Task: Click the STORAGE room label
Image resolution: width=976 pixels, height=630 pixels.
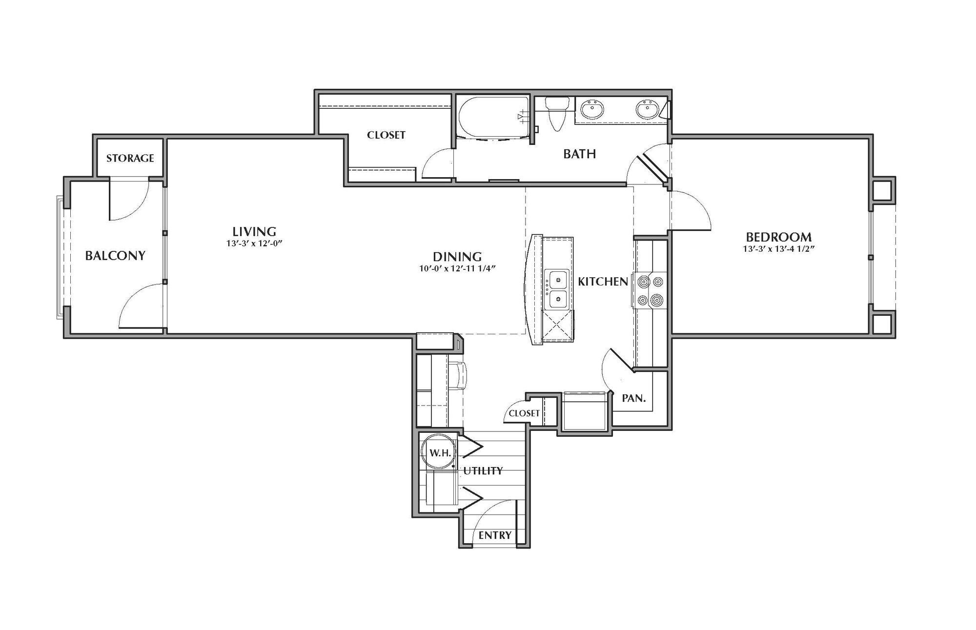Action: [x=130, y=158]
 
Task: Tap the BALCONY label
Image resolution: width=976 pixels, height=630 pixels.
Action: [x=115, y=256]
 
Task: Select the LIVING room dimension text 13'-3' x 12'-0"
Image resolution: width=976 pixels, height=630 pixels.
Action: [x=254, y=243]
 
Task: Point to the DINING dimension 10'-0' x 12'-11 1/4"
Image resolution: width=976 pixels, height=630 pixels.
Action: [x=457, y=268]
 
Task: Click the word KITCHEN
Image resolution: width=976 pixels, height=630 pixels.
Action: [x=603, y=282]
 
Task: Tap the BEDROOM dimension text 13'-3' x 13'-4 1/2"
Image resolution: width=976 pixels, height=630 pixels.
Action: [x=778, y=248]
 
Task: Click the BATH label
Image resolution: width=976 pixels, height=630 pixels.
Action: [x=579, y=154]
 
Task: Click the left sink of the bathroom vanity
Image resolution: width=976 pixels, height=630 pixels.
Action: [x=592, y=110]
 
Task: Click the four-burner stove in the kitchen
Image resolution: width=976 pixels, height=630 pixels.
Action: [x=651, y=291]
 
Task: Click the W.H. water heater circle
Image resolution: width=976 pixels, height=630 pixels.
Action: [x=439, y=452]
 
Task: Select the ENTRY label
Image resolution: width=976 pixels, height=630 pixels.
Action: [x=495, y=535]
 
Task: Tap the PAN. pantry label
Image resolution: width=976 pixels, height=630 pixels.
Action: [x=634, y=398]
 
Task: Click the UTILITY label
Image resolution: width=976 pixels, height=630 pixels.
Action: [x=483, y=470]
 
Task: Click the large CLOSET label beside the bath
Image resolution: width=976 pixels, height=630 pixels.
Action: [x=386, y=135]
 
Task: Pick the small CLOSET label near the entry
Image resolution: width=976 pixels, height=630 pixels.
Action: [x=524, y=413]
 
